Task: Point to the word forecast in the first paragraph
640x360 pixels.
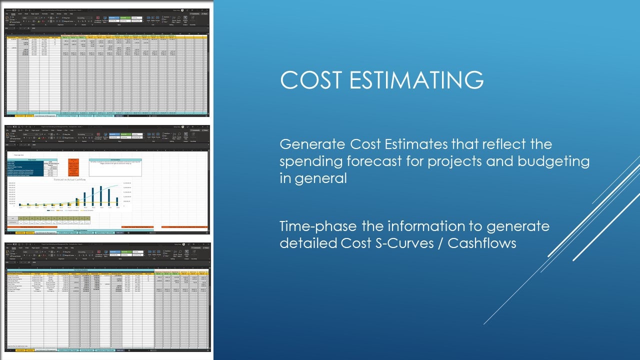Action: [371, 161]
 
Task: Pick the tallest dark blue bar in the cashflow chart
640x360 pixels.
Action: [101, 195]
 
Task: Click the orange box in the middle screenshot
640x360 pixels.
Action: [72, 169]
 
